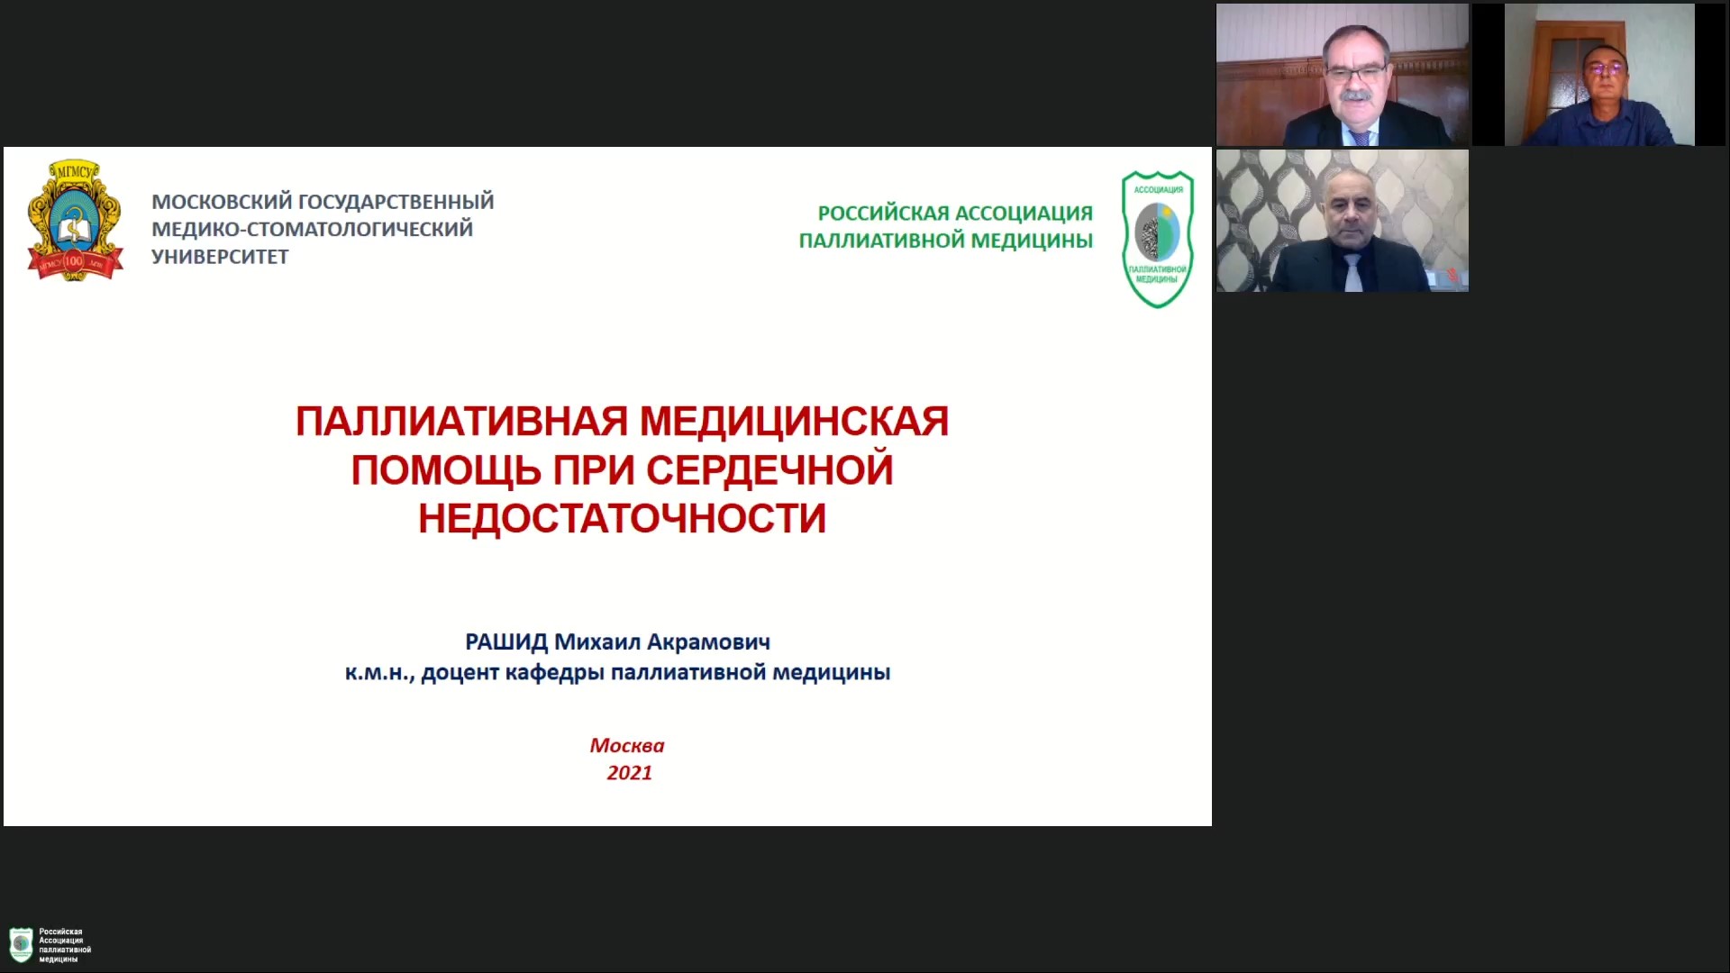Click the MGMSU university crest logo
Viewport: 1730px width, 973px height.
pos(75,220)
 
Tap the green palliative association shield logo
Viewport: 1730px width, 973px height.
pos(1158,239)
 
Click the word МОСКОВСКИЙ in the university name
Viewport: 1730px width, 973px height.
pos(222,202)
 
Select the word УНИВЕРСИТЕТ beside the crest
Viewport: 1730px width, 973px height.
pos(220,257)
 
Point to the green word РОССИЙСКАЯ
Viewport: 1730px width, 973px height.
pos(883,214)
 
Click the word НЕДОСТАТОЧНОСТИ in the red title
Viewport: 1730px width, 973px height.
pos(622,519)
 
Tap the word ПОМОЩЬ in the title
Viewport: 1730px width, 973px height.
pos(446,470)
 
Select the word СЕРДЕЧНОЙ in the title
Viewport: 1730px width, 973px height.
pos(769,470)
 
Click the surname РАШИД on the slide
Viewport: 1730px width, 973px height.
pos(506,642)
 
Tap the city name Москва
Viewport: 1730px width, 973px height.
pos(627,746)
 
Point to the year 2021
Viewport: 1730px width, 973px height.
pos(629,773)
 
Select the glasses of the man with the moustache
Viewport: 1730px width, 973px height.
pos(1355,70)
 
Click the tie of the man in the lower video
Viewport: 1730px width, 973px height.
pos(1352,272)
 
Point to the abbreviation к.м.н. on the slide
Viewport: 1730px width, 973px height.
pos(379,673)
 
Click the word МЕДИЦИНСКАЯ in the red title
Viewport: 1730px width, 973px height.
pos(794,422)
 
